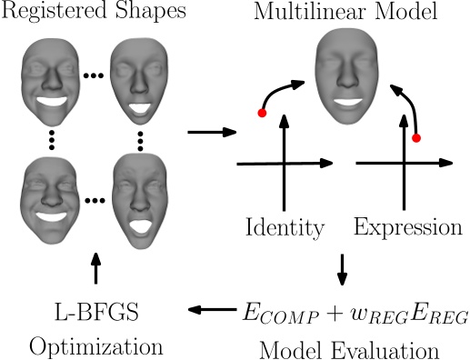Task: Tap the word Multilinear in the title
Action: tap(310, 12)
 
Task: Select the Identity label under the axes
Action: tap(285, 227)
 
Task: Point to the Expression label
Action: tap(408, 227)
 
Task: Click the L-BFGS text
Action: tap(96, 312)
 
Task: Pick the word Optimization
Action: tap(96, 347)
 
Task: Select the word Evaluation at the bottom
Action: tap(385, 351)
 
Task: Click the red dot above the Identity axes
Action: tap(262, 114)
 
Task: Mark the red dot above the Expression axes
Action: tap(416, 138)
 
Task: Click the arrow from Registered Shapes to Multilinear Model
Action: tap(212, 132)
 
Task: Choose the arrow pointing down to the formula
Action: tap(343, 270)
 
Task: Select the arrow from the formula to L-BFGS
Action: tap(212, 309)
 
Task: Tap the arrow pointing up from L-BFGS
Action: tap(96, 268)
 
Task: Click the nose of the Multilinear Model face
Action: tap(347, 78)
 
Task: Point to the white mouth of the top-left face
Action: tap(52, 101)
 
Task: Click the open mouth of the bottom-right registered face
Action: tap(140, 225)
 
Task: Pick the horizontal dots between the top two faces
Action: tap(93, 75)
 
